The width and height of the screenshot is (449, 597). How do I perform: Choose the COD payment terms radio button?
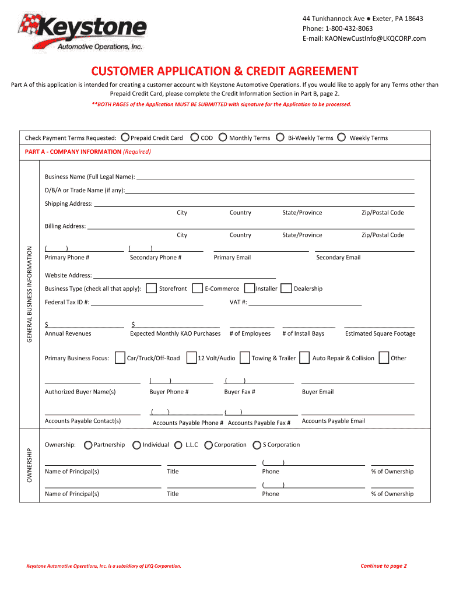(194, 138)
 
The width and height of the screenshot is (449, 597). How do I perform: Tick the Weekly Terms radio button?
(342, 138)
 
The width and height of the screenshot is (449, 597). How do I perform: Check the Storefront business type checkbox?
(151, 289)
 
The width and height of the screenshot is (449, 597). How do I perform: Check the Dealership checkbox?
(286, 289)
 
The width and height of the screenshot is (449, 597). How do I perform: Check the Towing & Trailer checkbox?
(245, 358)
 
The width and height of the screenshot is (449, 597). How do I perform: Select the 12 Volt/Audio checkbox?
(191, 358)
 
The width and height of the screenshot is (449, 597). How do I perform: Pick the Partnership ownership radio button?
(87, 445)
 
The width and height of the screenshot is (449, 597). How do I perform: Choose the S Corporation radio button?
(257, 445)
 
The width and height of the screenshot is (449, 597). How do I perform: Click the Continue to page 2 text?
(383, 566)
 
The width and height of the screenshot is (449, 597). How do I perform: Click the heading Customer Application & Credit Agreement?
(224, 71)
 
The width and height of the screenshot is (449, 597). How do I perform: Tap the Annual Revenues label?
(68, 333)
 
